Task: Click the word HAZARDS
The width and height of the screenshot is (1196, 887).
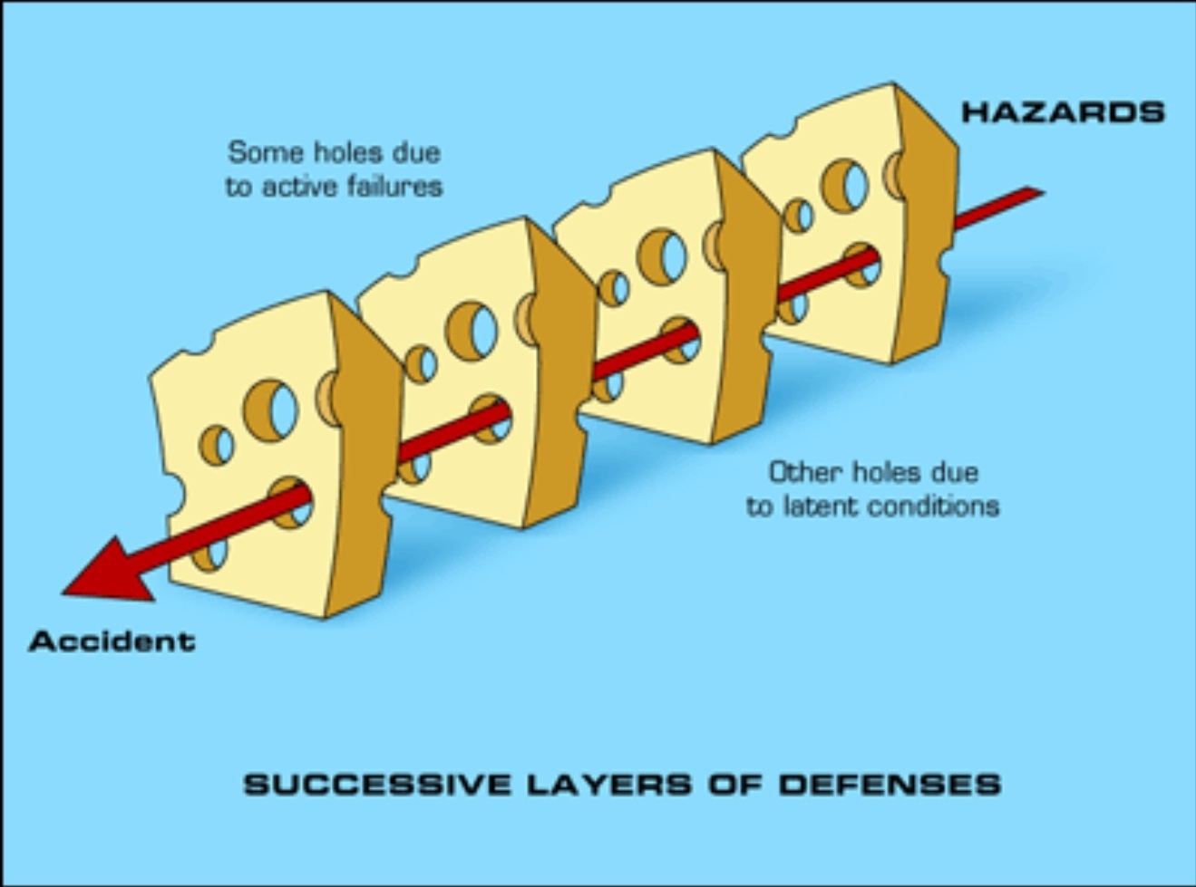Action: pyautogui.click(x=1063, y=112)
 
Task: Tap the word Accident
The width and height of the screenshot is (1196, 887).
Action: pyautogui.click(x=112, y=641)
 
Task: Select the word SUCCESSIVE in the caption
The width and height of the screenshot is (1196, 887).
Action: pyautogui.click(x=377, y=784)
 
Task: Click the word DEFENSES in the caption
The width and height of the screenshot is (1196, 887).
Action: pyautogui.click(x=890, y=784)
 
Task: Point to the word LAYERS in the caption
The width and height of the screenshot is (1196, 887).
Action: pyautogui.click(x=609, y=784)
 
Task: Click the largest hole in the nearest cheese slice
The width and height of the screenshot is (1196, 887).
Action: pyautogui.click(x=270, y=411)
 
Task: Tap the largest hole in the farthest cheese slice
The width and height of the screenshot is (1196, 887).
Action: pyautogui.click(x=844, y=186)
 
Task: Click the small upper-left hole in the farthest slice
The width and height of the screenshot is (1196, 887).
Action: pyautogui.click(x=798, y=216)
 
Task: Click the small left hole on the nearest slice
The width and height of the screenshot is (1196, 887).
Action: pyautogui.click(x=217, y=445)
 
